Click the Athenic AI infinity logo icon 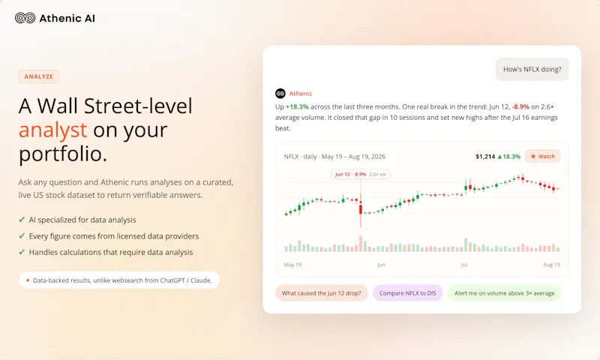25,18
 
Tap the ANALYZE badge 39,76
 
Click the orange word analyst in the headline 52,130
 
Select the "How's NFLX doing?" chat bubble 532,69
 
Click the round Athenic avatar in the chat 280,93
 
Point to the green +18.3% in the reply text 297,106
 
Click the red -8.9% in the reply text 520,106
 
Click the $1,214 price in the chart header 485,157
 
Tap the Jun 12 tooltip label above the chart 361,174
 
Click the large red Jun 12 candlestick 361,209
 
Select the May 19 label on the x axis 292,265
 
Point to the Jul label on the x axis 464,265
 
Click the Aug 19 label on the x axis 551,265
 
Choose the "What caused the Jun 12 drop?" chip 322,293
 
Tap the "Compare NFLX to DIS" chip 407,293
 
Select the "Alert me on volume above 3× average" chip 504,293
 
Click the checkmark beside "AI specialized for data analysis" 22,220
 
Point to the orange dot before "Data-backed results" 28,280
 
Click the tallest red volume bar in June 361,244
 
